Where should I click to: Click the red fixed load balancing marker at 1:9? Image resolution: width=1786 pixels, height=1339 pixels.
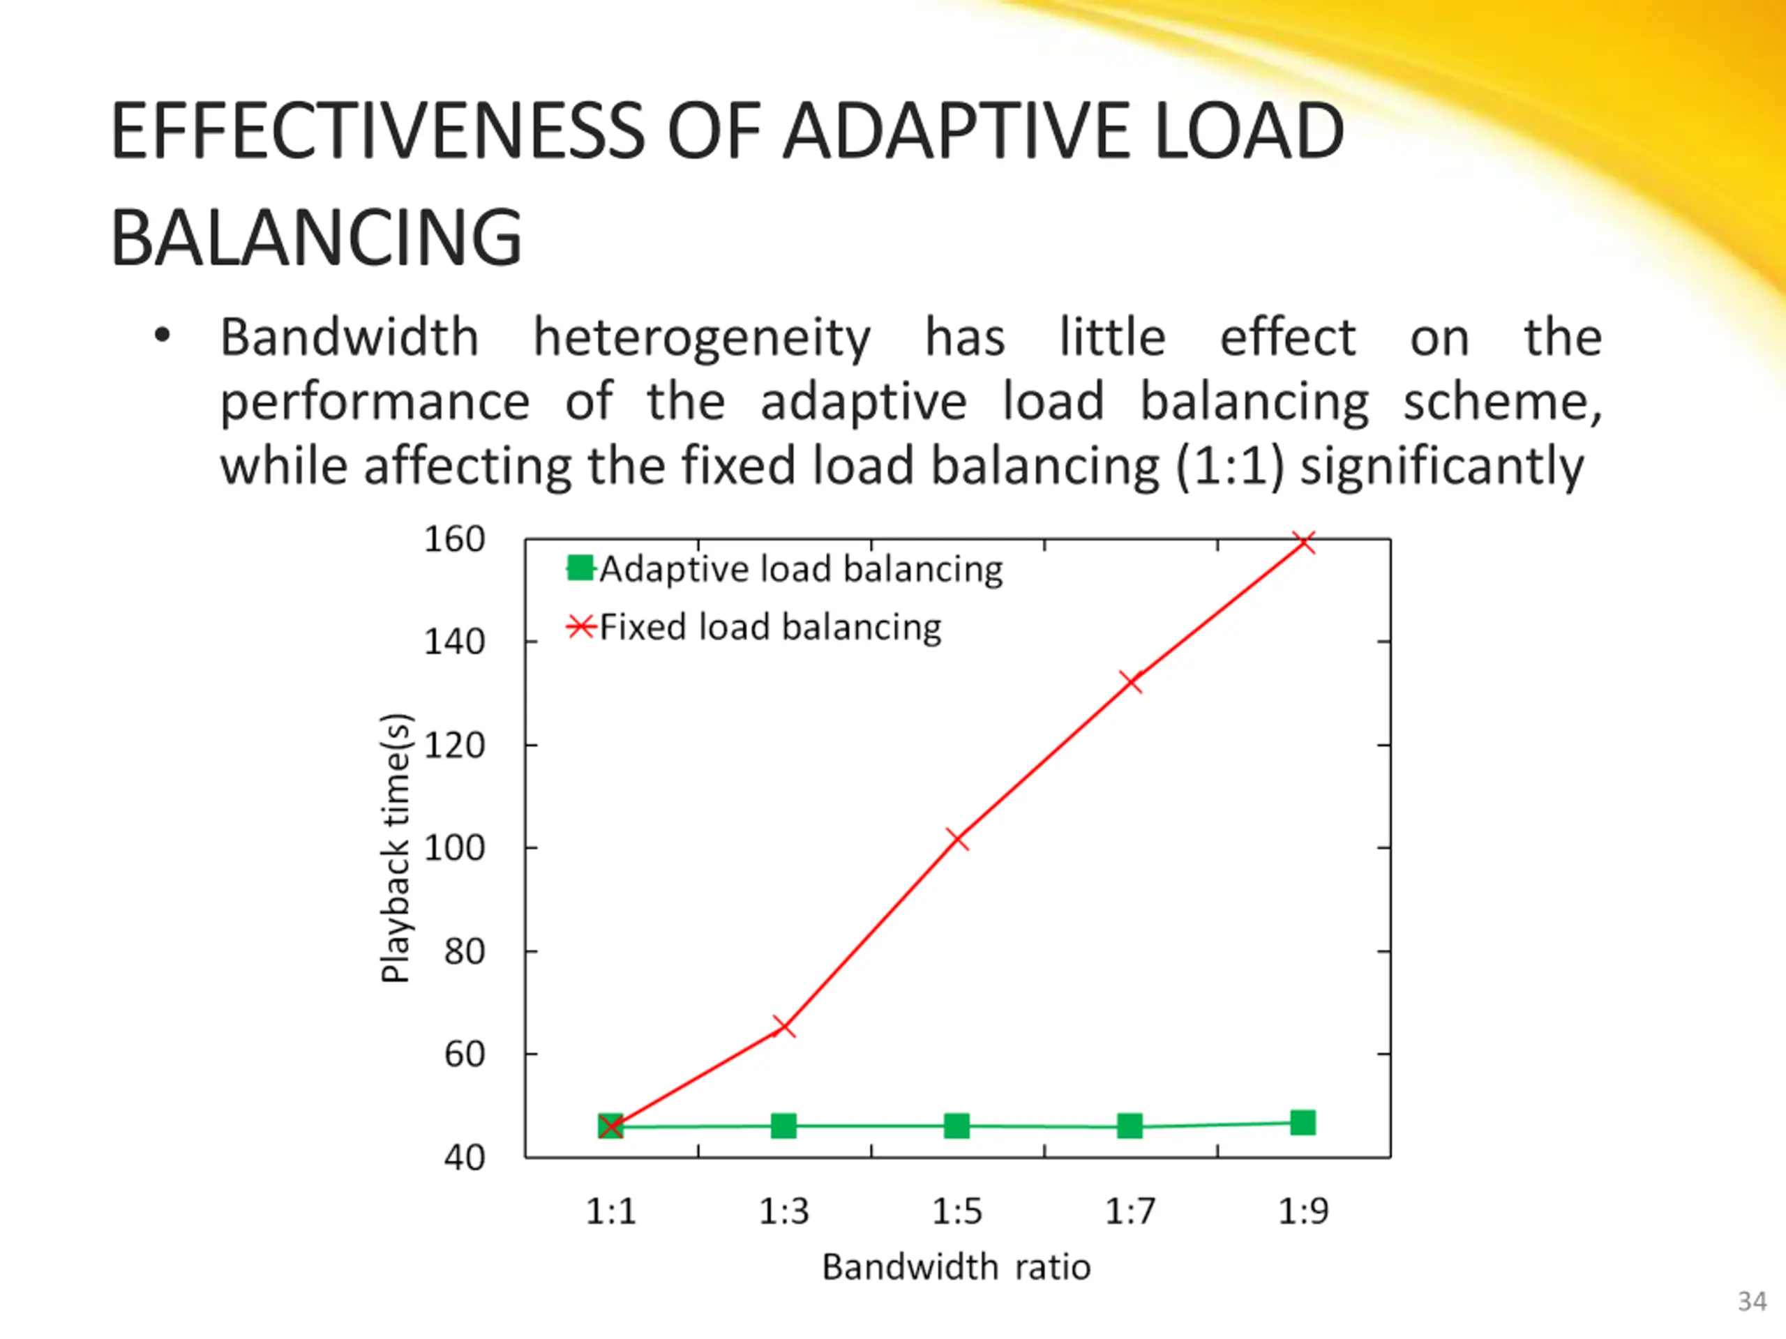coord(1304,543)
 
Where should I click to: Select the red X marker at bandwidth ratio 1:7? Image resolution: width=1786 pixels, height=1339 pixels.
coord(1131,681)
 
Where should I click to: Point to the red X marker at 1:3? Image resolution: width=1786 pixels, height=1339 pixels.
coord(784,1027)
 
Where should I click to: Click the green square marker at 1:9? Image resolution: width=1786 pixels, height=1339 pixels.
coord(1303,1123)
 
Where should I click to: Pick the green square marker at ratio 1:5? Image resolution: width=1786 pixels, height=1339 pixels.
coord(956,1126)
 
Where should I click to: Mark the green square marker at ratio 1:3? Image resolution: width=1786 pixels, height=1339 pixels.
coord(784,1126)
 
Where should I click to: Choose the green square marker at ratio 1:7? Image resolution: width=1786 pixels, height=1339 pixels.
coord(1130,1126)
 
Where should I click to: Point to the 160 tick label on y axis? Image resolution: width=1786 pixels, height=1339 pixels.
coord(455,540)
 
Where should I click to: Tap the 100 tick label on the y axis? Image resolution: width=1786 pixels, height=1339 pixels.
coord(455,848)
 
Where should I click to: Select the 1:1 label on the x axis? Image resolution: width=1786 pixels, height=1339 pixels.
coord(611,1211)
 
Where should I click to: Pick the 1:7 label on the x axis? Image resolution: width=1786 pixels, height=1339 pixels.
coord(1130,1211)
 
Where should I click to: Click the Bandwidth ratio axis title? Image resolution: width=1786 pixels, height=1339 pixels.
coord(956,1267)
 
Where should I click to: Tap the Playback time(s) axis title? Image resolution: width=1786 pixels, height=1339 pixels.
coord(396,848)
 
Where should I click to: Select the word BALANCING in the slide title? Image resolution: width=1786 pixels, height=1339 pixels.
coord(316,237)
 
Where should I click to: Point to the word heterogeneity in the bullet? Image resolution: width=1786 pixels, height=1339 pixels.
coord(702,338)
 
